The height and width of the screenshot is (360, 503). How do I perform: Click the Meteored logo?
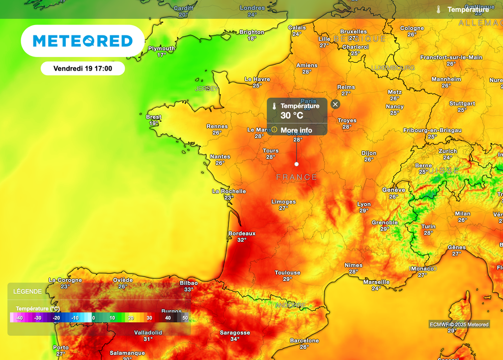point(83,41)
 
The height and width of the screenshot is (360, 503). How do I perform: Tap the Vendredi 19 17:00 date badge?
point(83,69)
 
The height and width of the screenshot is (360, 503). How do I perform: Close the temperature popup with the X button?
point(335,104)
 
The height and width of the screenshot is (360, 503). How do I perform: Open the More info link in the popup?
point(296,130)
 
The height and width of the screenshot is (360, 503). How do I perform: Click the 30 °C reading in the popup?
point(292,116)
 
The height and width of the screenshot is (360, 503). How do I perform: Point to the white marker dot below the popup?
point(296,164)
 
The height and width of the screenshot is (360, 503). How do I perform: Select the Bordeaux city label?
point(242,233)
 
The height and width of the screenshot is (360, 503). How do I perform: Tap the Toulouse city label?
point(287,273)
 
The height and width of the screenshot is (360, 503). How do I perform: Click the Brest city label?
point(154,117)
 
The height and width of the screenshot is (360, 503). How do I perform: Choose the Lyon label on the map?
point(364,204)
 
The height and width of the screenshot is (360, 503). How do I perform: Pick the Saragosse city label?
point(235,332)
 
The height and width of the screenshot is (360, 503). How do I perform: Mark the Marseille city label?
point(376,282)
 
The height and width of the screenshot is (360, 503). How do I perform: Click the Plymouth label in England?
point(162,49)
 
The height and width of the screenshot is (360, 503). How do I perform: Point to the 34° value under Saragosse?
point(235,339)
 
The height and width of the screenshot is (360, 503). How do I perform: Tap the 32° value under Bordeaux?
point(242,240)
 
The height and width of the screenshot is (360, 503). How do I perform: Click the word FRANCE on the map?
point(297,177)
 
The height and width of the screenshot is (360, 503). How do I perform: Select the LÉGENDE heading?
point(28,291)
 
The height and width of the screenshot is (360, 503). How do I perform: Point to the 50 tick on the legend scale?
point(185,318)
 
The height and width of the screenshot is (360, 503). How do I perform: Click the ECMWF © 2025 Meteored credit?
point(459,324)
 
